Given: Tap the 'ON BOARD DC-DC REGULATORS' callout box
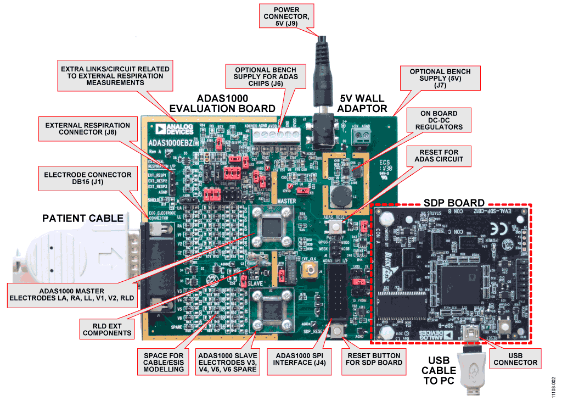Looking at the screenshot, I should point(439,120).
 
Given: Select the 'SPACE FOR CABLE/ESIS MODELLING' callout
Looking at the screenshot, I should point(164,362).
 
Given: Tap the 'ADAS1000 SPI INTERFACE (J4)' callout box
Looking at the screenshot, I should point(300,362).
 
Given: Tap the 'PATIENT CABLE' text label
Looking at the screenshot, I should point(83,218).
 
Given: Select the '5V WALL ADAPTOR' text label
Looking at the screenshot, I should point(363,103).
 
